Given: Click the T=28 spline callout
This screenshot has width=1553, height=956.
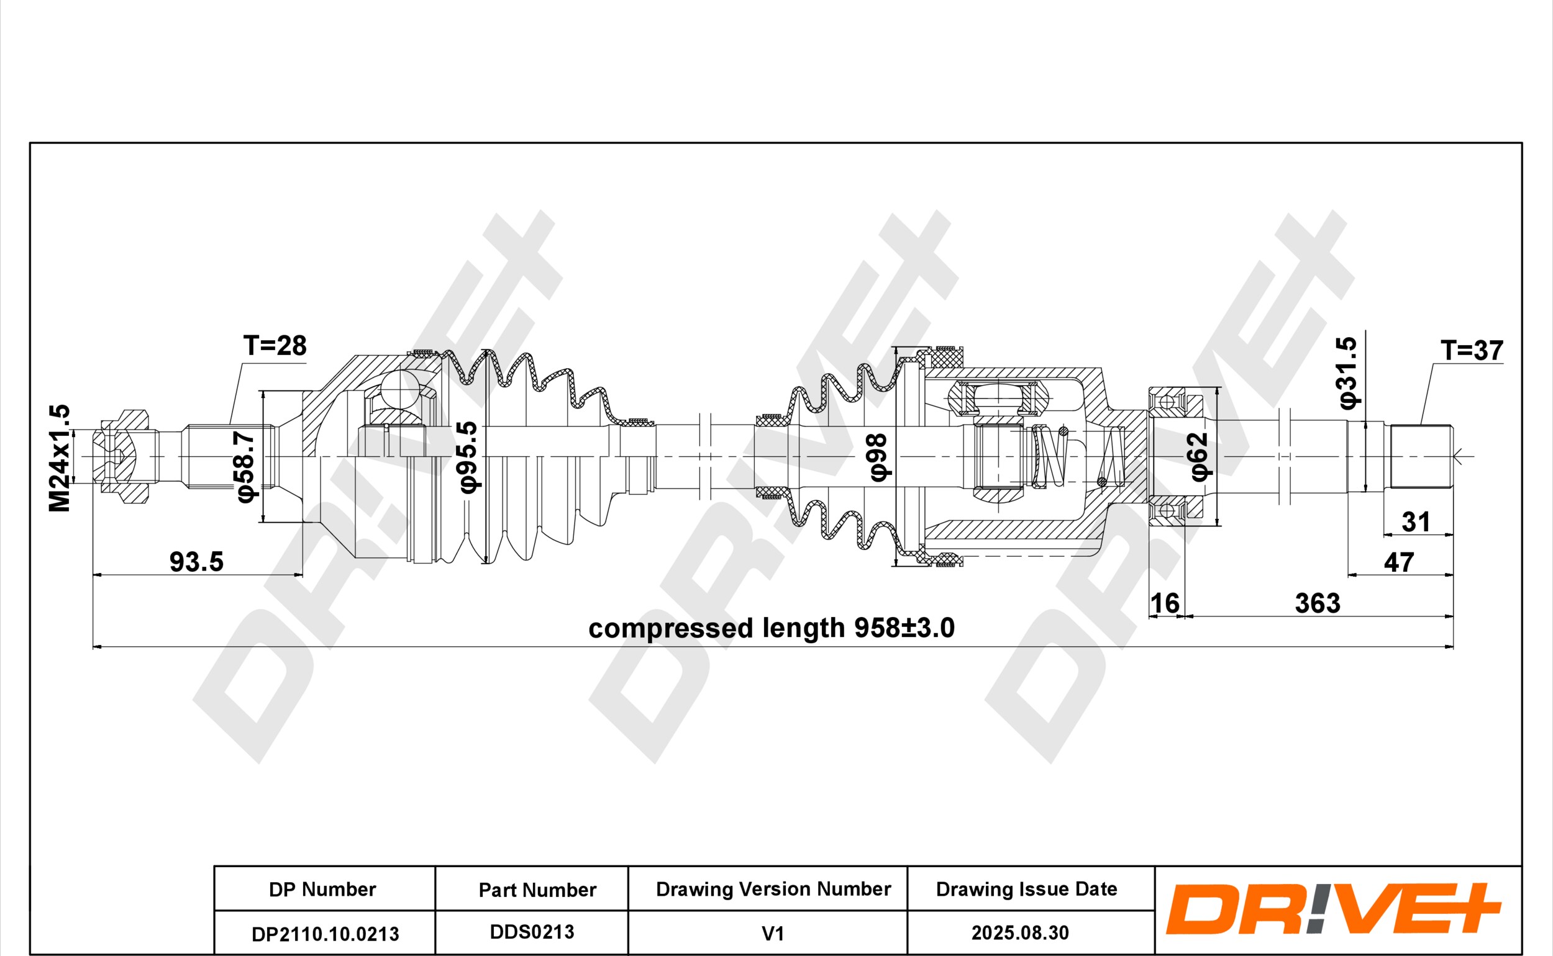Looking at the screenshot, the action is point(275,346).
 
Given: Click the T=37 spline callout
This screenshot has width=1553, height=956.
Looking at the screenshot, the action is point(1472,350).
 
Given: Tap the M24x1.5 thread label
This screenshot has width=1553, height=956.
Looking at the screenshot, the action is point(60,458).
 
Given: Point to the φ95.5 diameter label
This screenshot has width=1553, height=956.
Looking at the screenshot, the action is point(469,457).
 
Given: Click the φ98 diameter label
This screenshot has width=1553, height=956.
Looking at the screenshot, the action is point(879,457).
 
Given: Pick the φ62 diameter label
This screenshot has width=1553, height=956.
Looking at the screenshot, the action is point(1200,456).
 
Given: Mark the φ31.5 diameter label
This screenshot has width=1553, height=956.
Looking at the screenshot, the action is point(1347,372).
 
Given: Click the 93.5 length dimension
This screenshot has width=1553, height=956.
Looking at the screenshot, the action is point(197,561).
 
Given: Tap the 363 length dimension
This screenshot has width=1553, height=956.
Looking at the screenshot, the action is point(1318,603).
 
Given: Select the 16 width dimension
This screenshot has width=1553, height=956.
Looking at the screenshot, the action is point(1165,603).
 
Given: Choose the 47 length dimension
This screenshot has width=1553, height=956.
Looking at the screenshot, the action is point(1399,562).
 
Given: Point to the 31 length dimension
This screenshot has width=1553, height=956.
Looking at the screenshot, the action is point(1416,522).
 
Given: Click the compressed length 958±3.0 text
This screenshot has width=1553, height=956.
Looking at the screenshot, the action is point(771,628).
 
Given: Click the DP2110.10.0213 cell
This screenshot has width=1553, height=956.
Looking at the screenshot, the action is point(325,934).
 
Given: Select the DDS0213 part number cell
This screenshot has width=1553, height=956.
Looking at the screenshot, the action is point(532,931).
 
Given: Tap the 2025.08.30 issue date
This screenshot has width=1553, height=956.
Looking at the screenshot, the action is point(1021,932).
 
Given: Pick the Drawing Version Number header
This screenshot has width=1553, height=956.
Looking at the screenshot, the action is point(773,889).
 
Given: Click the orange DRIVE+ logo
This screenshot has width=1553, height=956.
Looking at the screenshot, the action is point(1334,909).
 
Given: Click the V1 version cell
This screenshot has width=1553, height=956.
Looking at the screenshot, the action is point(772,933).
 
